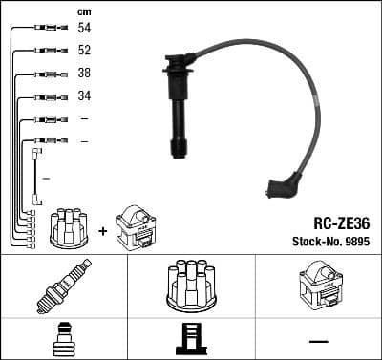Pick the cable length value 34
(84, 96)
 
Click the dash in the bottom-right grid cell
(318, 341)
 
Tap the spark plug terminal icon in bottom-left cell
(64, 340)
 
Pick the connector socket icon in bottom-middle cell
(191, 340)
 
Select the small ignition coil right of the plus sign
(135, 226)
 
